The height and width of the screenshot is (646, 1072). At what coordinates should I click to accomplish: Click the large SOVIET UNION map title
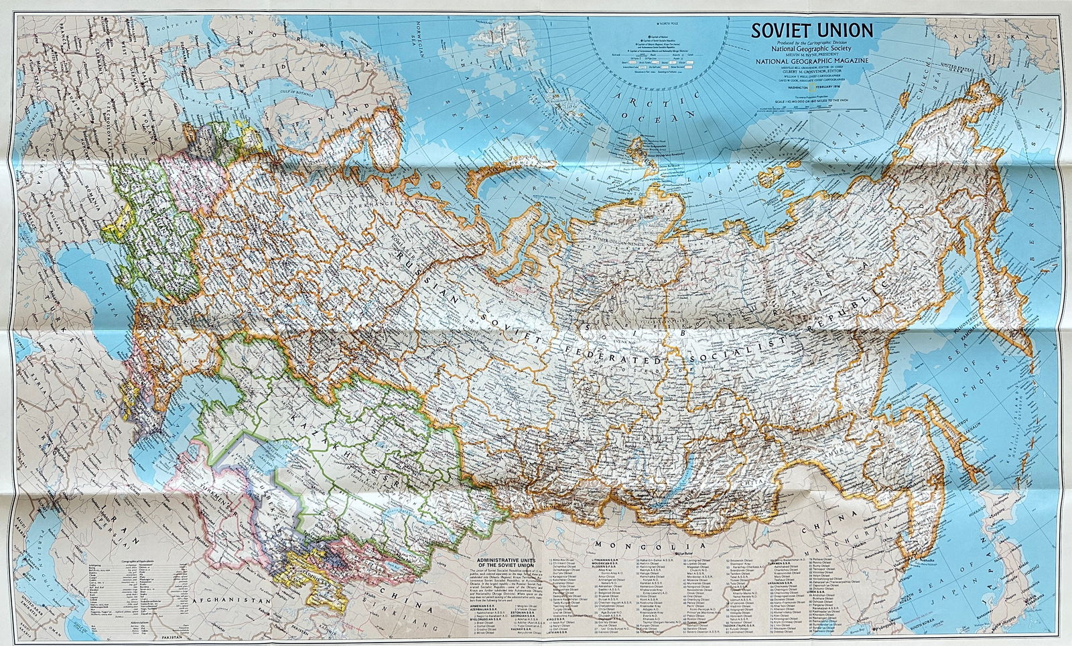811,30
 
